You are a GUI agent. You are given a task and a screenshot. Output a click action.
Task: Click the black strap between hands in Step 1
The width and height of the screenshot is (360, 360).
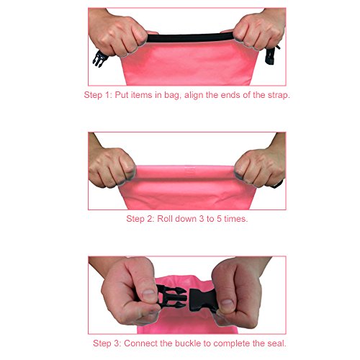tap(189, 38)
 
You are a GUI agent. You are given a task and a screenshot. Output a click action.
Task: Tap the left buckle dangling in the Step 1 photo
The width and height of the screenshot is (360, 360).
tap(100, 58)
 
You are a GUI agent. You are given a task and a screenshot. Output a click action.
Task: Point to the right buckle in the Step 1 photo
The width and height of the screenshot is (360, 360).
tap(271, 55)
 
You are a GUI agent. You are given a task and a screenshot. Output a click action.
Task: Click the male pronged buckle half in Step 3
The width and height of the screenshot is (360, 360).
tap(171, 297)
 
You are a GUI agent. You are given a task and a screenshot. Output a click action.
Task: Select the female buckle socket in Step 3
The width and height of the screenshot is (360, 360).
tap(204, 300)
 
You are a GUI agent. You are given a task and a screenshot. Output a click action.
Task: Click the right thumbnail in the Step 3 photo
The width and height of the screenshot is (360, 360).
tap(226, 304)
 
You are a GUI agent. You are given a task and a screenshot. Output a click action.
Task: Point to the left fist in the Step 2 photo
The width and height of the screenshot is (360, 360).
tap(112, 168)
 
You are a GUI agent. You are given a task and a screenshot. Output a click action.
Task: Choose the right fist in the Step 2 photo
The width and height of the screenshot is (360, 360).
tap(260, 167)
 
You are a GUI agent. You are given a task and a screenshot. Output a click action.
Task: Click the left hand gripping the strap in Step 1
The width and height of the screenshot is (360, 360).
tap(117, 34)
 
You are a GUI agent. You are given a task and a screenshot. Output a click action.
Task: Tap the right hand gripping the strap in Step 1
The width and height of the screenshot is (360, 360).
tap(258, 30)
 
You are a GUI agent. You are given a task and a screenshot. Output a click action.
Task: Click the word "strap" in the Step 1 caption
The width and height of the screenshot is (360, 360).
tap(279, 95)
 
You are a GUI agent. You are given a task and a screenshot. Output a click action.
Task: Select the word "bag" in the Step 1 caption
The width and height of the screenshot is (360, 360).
tap(172, 96)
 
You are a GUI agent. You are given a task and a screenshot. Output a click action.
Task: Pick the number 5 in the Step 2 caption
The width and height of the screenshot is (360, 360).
tap(219, 219)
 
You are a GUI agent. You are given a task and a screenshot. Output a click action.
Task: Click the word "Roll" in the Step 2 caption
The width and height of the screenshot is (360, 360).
tap(165, 219)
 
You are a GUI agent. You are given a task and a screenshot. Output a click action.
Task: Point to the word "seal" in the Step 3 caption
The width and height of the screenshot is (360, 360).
tap(277, 343)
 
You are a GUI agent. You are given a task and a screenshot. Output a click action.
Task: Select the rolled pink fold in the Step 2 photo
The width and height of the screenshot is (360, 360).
tap(185, 172)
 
